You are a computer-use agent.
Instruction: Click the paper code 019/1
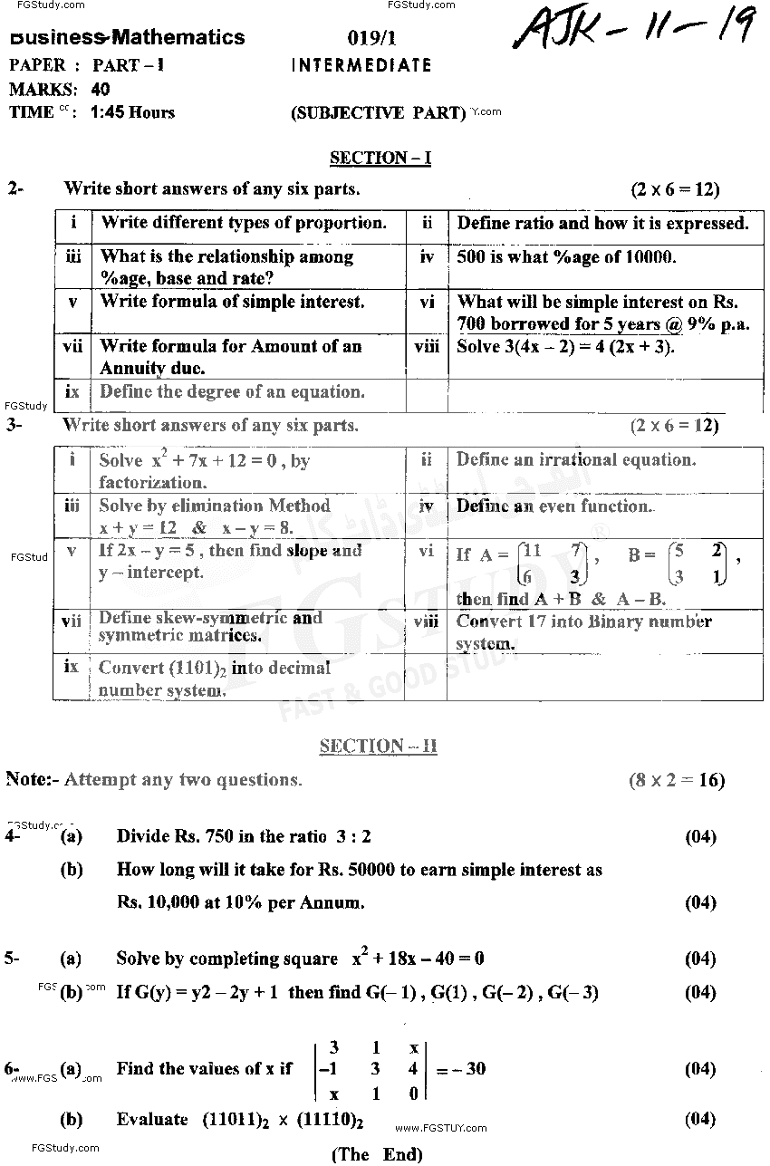(368, 38)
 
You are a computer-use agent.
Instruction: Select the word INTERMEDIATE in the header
(361, 65)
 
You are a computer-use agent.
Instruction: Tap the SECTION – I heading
(380, 159)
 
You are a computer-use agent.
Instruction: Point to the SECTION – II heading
(378, 747)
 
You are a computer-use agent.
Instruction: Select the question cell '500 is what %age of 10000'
(566, 257)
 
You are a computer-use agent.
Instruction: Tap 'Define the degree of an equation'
(232, 392)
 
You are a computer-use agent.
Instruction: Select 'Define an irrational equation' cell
(576, 460)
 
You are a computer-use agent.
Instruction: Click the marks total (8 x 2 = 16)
(677, 780)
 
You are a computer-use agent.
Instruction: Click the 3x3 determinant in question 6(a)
(372, 1069)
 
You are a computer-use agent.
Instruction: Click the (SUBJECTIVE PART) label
(378, 113)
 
